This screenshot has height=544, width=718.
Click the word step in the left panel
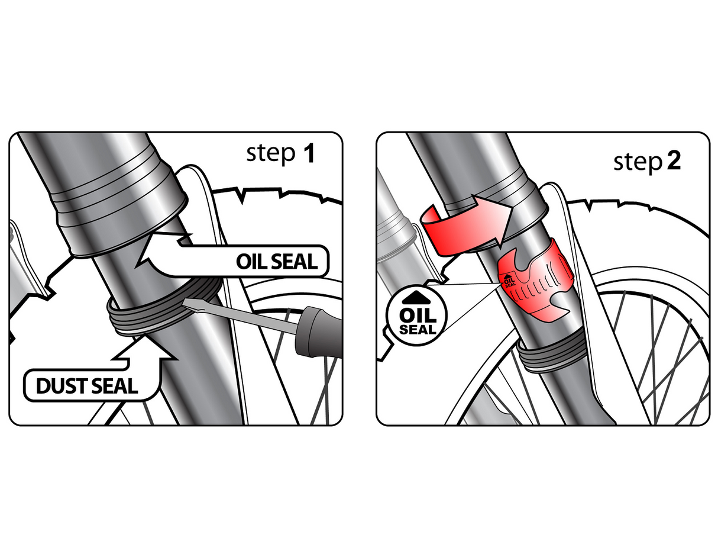[x=270, y=154]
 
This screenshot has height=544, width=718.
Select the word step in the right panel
[x=636, y=162]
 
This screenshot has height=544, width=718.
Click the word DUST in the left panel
[x=62, y=386]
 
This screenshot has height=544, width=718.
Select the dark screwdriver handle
[x=316, y=334]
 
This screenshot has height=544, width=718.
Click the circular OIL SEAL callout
[x=416, y=314]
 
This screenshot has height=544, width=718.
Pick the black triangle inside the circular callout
[x=416, y=294]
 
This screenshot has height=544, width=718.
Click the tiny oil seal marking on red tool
[x=509, y=280]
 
